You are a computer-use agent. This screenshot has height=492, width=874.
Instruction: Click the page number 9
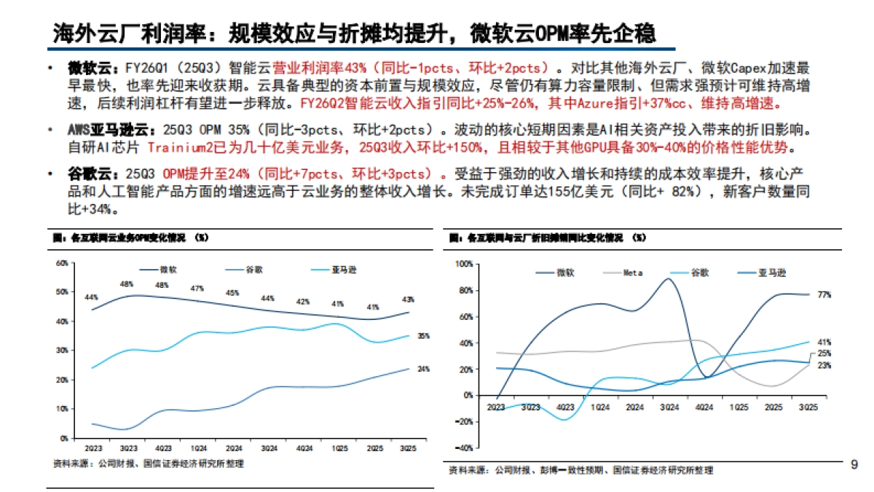point(854,464)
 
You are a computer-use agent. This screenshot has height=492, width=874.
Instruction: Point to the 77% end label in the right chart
point(824,294)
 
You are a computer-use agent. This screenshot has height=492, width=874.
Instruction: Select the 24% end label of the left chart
point(423,369)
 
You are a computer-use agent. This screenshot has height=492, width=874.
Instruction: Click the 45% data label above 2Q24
point(232,293)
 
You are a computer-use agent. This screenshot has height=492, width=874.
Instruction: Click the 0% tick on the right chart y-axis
point(466,395)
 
